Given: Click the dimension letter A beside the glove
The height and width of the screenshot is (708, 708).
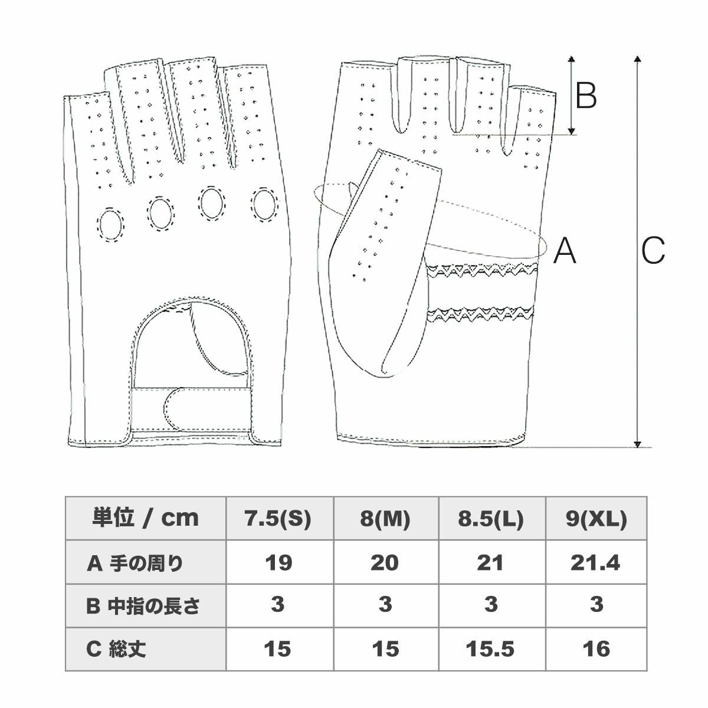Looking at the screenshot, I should coord(565,250).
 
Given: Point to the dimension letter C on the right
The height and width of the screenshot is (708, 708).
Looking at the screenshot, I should coord(653,250).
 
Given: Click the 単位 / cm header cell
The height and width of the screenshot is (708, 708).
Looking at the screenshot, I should coord(146,519).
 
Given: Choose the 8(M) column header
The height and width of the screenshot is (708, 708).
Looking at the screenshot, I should coord(385,519).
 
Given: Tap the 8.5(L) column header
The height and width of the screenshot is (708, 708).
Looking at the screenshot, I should coord(491,519).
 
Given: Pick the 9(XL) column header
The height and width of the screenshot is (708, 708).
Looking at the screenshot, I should coord(596,519).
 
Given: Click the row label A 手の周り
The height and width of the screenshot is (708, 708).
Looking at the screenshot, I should coord(135,563).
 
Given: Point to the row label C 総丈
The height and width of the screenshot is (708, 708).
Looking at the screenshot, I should coord(116,649).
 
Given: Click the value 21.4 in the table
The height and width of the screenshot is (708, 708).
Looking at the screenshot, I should coord(596,563).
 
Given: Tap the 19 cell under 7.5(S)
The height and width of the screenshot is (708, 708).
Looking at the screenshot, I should coord(278,563).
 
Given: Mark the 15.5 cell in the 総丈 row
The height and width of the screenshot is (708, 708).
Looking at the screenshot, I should coord(491,649).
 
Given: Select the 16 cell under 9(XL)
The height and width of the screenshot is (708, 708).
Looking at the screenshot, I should coord(596,649).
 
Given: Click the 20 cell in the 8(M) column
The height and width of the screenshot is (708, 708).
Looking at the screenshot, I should coord(385,563).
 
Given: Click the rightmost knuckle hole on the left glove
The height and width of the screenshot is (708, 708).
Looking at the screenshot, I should coord(264,202).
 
